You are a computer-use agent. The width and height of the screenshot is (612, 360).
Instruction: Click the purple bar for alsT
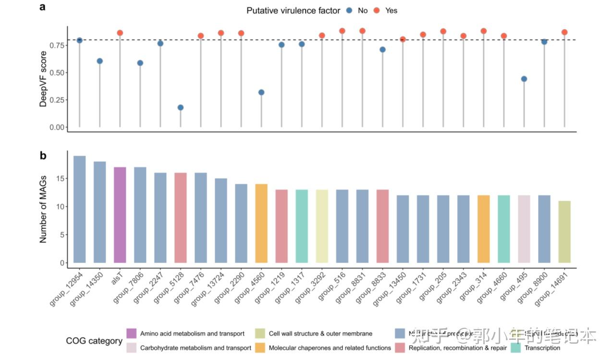[x=120, y=215]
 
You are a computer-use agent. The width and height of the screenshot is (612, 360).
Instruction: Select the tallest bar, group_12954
[x=79, y=209]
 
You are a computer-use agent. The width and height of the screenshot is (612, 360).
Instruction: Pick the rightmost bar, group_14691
[x=565, y=232]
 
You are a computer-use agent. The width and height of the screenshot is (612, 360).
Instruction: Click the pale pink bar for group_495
[x=524, y=229]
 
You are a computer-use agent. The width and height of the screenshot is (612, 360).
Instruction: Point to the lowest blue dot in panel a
[x=181, y=108]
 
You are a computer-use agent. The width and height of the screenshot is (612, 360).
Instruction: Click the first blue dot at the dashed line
[x=79, y=40]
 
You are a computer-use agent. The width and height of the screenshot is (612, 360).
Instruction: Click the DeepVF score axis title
[x=44, y=79]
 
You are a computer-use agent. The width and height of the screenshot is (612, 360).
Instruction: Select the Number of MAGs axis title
[x=44, y=209]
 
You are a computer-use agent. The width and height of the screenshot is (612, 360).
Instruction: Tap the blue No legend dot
[x=349, y=11]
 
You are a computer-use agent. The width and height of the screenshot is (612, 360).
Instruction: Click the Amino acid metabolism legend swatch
[x=132, y=333]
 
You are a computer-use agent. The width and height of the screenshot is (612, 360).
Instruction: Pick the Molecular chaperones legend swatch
[x=260, y=347]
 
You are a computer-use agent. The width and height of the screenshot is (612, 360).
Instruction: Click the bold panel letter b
[x=43, y=156]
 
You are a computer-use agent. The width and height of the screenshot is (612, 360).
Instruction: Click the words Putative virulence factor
[x=293, y=11]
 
